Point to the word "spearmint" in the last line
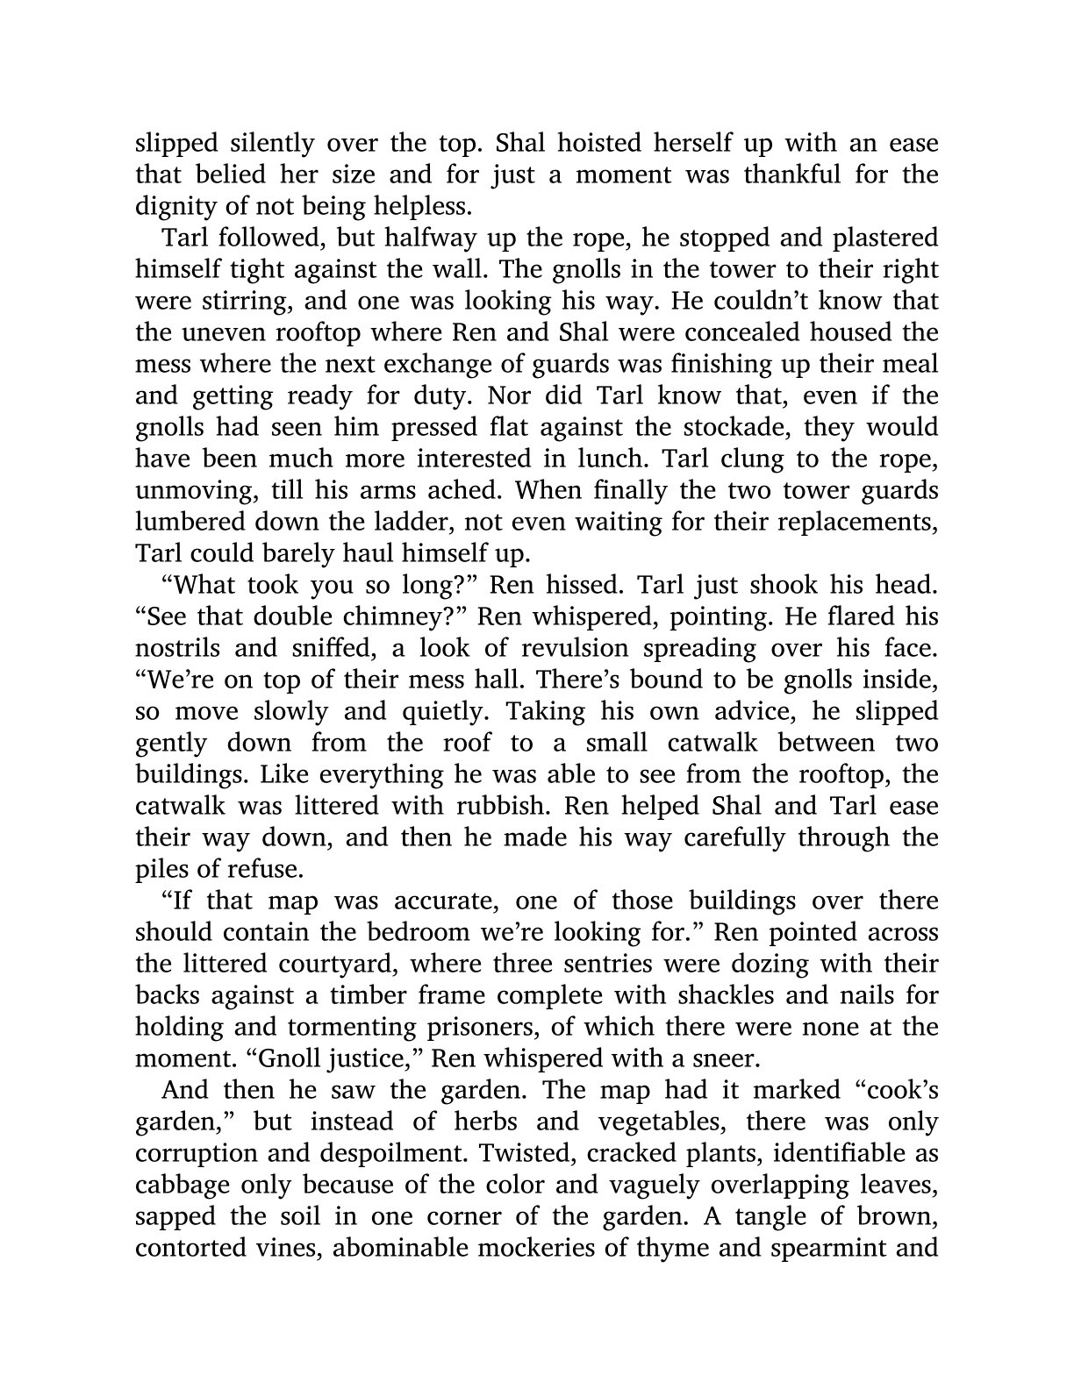[834, 1248]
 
